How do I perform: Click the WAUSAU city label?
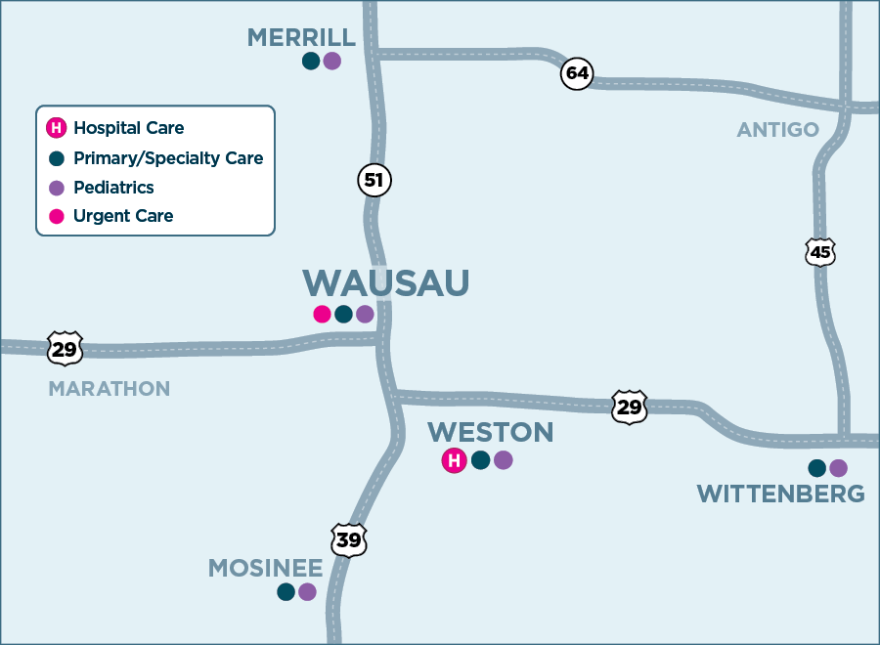coord(385,282)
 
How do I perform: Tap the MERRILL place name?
coord(301,37)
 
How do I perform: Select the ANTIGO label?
coord(778,130)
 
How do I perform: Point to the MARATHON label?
coord(110,389)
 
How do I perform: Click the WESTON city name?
coord(490,432)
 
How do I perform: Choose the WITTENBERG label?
coord(780,494)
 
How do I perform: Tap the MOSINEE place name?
coord(265,568)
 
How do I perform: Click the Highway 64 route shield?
coord(577,74)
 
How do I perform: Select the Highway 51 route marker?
coord(374,180)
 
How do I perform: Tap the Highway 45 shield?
coord(820,252)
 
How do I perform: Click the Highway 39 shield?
coord(348,539)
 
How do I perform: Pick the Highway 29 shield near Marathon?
coord(65,348)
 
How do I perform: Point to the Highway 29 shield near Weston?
coord(630,407)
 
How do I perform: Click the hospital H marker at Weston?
coord(454,460)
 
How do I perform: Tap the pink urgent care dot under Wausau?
coord(322,314)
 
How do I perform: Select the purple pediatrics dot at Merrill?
coord(332,61)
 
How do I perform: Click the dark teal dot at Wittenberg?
coord(816,468)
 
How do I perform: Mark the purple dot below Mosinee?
coord(307,591)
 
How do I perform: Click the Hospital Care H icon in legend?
coord(57,128)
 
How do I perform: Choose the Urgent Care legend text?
coord(123,216)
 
